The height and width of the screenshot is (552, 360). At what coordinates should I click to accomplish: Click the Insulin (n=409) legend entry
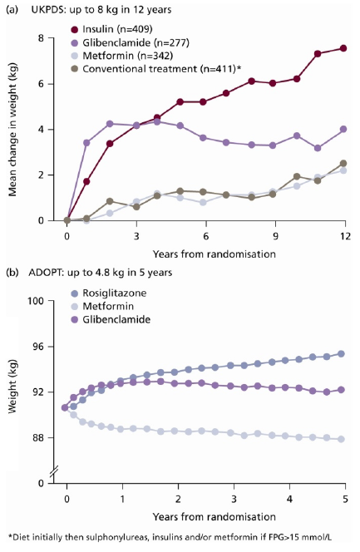(x=112, y=29)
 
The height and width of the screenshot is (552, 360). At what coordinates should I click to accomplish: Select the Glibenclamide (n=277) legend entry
(x=131, y=42)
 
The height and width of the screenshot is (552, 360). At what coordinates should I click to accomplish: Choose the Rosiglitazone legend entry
(x=109, y=293)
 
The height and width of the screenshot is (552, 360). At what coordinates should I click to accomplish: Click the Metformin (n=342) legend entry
(x=122, y=56)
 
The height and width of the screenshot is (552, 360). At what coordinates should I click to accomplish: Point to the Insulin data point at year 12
(x=343, y=48)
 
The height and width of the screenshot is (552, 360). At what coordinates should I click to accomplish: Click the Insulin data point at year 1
(x=86, y=182)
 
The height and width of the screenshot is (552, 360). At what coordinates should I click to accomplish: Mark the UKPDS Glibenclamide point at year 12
(x=343, y=129)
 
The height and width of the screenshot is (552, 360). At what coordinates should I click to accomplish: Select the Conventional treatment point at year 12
(x=343, y=163)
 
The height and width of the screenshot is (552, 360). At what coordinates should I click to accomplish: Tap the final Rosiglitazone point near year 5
(x=341, y=354)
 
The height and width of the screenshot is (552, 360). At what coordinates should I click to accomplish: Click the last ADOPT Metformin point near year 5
(x=341, y=439)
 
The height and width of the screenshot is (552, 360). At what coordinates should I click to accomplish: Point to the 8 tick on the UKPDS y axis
(x=41, y=38)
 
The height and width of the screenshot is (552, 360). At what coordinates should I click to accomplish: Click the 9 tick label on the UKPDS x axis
(x=275, y=235)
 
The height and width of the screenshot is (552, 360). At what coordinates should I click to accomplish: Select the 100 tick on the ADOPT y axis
(x=36, y=301)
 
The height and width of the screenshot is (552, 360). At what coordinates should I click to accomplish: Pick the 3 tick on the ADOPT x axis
(x=234, y=499)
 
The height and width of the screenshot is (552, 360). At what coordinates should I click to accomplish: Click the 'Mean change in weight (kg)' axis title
(x=12, y=130)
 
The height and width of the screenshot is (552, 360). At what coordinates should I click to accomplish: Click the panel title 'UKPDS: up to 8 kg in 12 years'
(x=101, y=9)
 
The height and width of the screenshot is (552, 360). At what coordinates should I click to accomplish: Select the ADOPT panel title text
(x=101, y=273)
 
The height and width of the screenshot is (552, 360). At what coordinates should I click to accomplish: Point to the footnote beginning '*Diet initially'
(x=170, y=537)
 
